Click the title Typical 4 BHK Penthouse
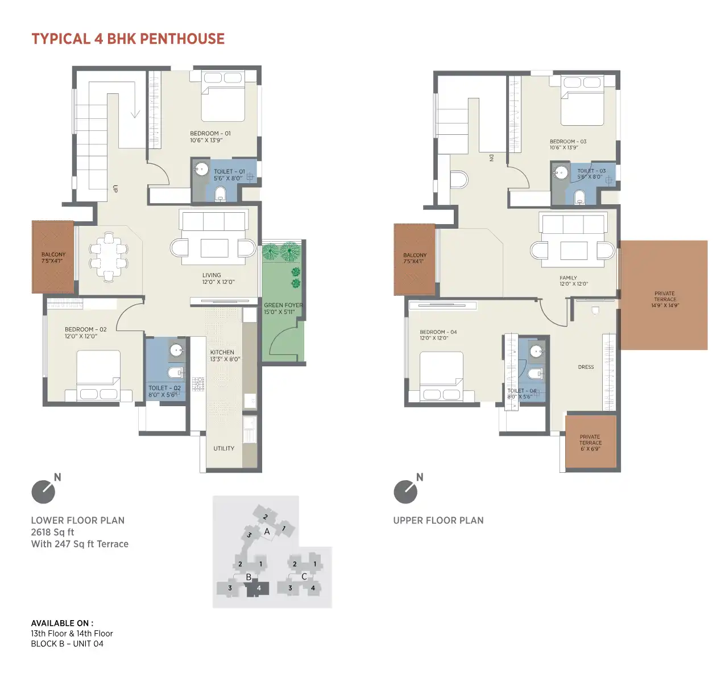coord(128,39)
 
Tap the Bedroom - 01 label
coord(210,137)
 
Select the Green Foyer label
coord(283,308)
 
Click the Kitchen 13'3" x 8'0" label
coord(225,355)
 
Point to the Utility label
coord(224,448)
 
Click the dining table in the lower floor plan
coord(109,257)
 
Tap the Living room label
coord(218,278)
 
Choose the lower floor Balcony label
coord(53,257)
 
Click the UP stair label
coord(115,188)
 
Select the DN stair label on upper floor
coord(491,158)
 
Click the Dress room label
coord(586,367)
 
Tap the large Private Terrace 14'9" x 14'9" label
coord(665,299)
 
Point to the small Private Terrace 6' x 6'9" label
coord(590,443)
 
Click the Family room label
coord(574,280)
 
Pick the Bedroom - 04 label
coord(438,335)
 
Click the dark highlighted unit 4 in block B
coord(258,588)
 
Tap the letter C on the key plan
coord(304,576)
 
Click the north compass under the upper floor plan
coord(406,491)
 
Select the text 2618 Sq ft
coord(52,532)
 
